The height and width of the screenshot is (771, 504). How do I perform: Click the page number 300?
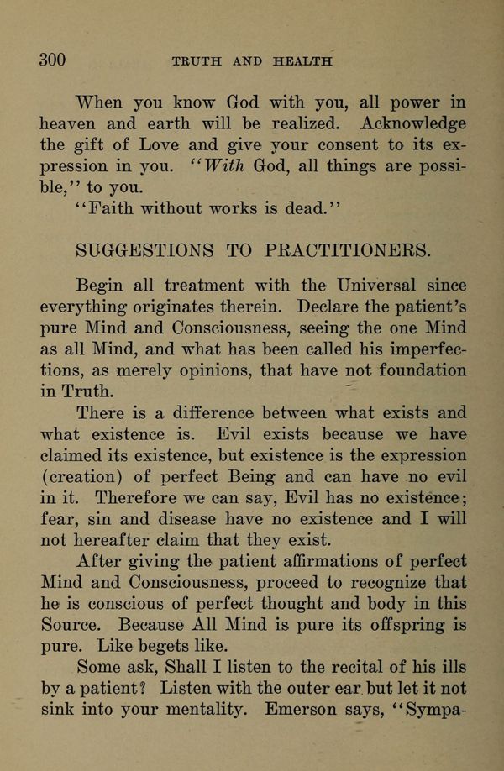[52, 59]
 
